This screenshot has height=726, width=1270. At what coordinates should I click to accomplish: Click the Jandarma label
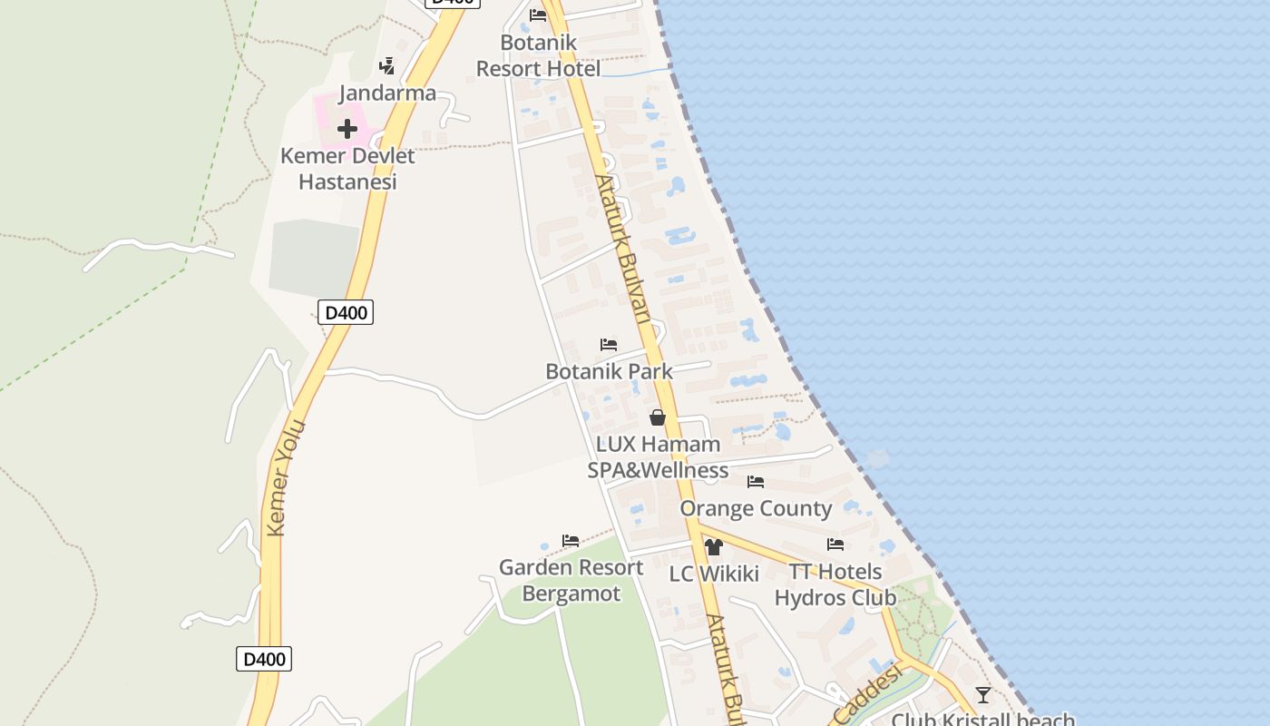click(x=387, y=93)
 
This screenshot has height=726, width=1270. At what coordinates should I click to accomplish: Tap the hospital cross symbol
click(x=347, y=130)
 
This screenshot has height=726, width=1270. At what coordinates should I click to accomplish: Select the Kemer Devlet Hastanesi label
click(x=347, y=169)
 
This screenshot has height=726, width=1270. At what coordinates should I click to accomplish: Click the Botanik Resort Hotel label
click(x=538, y=56)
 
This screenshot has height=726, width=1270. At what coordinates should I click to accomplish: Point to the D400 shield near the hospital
click(x=346, y=313)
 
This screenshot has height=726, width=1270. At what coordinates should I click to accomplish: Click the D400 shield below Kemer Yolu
click(x=264, y=659)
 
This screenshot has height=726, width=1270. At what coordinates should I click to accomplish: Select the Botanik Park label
click(x=609, y=371)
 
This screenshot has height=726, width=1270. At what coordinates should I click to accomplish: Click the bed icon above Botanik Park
click(x=609, y=345)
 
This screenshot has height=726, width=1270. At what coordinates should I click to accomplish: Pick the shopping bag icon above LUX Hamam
click(x=658, y=417)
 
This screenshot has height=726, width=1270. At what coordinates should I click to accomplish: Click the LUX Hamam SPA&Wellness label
click(x=658, y=457)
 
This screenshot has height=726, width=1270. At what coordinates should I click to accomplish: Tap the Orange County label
click(x=756, y=508)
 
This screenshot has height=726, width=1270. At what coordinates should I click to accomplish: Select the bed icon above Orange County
click(x=756, y=482)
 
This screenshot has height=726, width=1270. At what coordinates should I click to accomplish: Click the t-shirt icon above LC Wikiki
click(x=713, y=547)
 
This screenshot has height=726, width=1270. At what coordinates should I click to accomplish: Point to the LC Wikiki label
click(x=714, y=574)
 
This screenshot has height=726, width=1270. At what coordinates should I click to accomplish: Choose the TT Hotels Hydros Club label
click(x=835, y=584)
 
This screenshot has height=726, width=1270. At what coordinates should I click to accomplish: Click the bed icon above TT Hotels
click(x=835, y=544)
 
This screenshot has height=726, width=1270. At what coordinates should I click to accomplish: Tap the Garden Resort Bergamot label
click(x=571, y=581)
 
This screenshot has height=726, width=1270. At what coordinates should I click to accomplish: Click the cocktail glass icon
click(x=982, y=695)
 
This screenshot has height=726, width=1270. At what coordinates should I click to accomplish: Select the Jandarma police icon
click(x=387, y=65)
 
